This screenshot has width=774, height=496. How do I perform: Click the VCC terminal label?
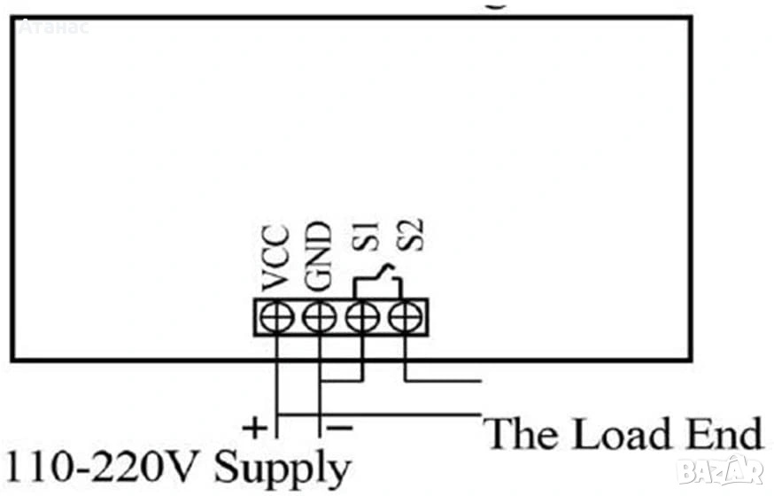click(x=276, y=260)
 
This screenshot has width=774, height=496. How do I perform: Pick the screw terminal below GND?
click(x=319, y=316)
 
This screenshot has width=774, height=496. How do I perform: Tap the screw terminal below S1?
click(x=361, y=316)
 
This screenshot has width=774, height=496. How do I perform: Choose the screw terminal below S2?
click(x=404, y=316)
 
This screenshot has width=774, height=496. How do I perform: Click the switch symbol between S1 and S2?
click(x=380, y=278)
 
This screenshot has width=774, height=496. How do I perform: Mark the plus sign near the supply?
click(x=255, y=430)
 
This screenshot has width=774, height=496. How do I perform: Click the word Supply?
click(x=283, y=469)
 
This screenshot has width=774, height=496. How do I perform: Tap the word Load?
click(x=616, y=435)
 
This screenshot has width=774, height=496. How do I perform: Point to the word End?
click(x=721, y=435)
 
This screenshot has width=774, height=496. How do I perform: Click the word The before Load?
click(x=522, y=435)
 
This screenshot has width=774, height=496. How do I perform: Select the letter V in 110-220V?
click(x=189, y=467)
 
